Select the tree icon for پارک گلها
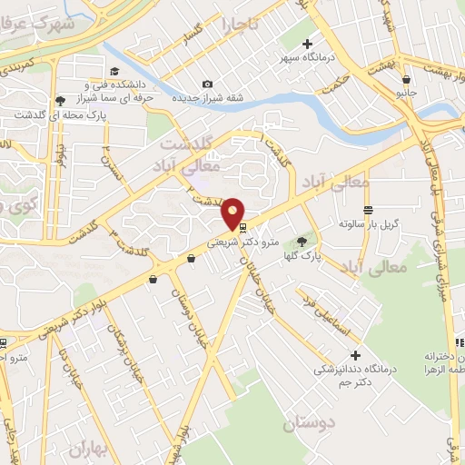tap(302, 241)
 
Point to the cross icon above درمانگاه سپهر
tap(307, 43)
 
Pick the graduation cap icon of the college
tap(114, 71)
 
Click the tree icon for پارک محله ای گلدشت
tap(60, 100)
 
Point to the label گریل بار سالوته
tap(370, 223)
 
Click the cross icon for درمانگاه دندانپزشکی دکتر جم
tap(355, 355)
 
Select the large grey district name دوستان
tap(309, 423)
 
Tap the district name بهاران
tap(89, 451)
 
